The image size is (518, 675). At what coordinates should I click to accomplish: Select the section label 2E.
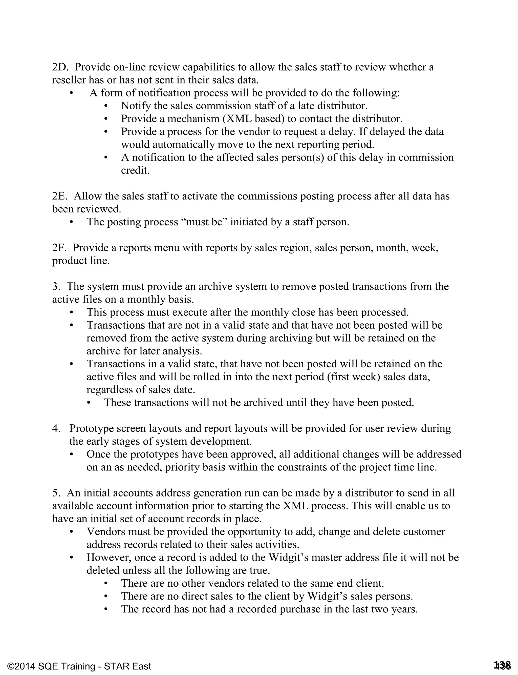point(59,196)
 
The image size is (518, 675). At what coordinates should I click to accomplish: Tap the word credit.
point(135,170)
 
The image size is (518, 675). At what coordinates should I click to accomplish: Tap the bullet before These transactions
point(89,403)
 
